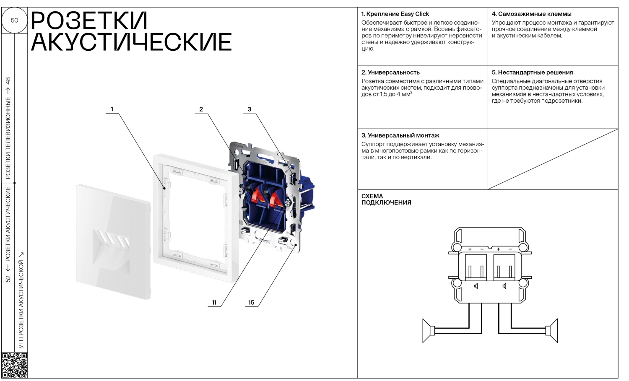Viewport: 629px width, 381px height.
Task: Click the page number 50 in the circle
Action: (14, 20)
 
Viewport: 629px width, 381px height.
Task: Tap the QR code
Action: (14, 365)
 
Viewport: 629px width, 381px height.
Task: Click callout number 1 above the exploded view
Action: (112, 109)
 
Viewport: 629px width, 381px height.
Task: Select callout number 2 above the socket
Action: (201, 109)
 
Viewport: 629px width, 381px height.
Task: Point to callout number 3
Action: (249, 109)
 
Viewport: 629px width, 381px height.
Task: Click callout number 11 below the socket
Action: (214, 303)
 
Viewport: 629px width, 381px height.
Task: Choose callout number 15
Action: (251, 303)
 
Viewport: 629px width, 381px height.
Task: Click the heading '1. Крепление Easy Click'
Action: (395, 14)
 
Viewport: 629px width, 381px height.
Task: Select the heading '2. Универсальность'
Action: (390, 73)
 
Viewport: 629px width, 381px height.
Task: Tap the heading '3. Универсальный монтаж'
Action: (400, 135)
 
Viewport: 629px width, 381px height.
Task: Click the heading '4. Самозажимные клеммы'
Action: (531, 14)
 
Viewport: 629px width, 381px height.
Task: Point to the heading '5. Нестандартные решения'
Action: (532, 73)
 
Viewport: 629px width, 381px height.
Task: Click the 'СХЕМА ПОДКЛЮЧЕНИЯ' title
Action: (386, 199)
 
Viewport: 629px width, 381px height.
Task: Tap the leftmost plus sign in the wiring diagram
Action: (470, 249)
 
